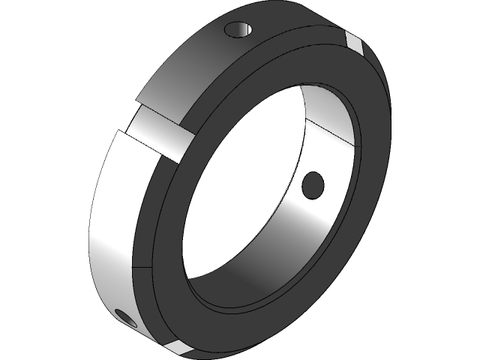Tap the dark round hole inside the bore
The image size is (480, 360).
(x=312, y=183)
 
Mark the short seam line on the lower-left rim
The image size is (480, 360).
(x=133, y=266)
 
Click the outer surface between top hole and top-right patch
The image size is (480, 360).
(x=300, y=26)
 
